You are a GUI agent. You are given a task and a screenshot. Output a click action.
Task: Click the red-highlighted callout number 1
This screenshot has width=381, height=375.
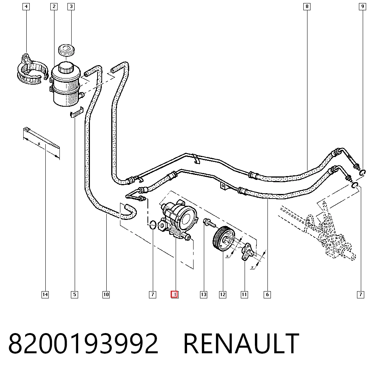click(x=174, y=295)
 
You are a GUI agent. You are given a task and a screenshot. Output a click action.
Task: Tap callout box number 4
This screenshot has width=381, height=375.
click(x=26, y=6)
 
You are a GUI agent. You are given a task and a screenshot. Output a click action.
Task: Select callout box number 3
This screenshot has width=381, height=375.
click(x=71, y=6)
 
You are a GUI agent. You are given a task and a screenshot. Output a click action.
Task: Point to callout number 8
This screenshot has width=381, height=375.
click(x=307, y=6)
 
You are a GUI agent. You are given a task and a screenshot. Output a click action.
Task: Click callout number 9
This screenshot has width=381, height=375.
click(x=363, y=6)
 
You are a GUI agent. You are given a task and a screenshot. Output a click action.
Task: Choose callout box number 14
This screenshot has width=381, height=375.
click(x=45, y=295)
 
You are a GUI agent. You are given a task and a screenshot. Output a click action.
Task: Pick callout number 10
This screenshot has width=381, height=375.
click(x=106, y=295)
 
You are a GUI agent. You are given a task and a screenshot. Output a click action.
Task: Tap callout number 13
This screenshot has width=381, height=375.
click(x=203, y=295)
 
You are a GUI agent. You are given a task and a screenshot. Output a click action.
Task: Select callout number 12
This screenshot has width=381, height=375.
click(x=223, y=295)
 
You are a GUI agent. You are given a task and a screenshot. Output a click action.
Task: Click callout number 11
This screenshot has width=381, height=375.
click(x=244, y=295)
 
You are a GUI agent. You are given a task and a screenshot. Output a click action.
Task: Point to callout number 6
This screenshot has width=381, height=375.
click(x=267, y=295)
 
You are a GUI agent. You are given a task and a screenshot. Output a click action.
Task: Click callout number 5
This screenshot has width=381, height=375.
click(x=75, y=295)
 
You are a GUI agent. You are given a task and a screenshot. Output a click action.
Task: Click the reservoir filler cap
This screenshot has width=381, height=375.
click(x=66, y=50)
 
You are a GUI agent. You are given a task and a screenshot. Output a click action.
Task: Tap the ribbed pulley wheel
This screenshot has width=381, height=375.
click(x=224, y=239)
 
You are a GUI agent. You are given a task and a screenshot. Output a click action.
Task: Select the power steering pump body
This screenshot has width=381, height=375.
click(x=178, y=219)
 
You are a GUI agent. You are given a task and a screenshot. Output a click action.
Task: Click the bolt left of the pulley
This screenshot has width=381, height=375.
click(x=209, y=223)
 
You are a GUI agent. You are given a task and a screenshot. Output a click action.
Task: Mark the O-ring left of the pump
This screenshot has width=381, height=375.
click(x=153, y=225)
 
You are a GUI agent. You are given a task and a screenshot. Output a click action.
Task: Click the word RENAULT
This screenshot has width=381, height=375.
click(x=241, y=344)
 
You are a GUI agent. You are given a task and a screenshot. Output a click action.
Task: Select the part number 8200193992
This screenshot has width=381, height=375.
click(x=83, y=344)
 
